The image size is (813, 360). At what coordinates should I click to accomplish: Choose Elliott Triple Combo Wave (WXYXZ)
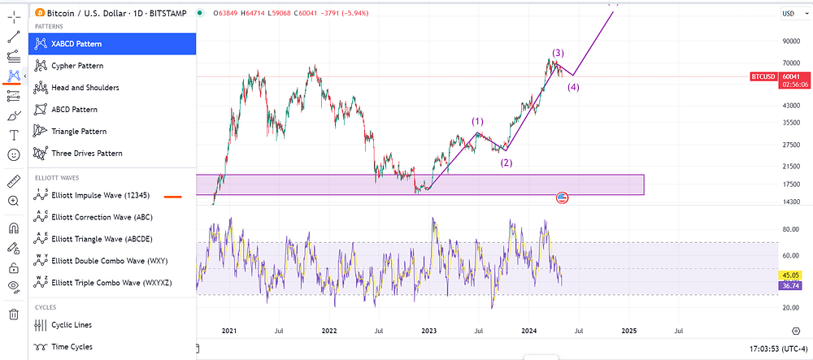(112, 283)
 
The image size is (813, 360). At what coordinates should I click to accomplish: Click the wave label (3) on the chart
(558, 53)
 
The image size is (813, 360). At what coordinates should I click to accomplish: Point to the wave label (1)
(477, 122)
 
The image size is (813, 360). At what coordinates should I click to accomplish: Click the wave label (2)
(506, 163)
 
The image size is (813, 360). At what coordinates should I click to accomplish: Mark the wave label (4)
(573, 87)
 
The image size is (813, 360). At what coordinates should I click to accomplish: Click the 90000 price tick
(791, 41)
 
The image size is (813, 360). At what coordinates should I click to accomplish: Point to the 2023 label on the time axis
(428, 330)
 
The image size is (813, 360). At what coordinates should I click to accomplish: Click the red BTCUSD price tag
(763, 76)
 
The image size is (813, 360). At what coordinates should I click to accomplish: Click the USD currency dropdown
(791, 14)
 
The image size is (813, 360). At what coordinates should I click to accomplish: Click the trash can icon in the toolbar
(14, 314)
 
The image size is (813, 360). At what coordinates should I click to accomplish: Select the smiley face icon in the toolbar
(14, 154)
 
